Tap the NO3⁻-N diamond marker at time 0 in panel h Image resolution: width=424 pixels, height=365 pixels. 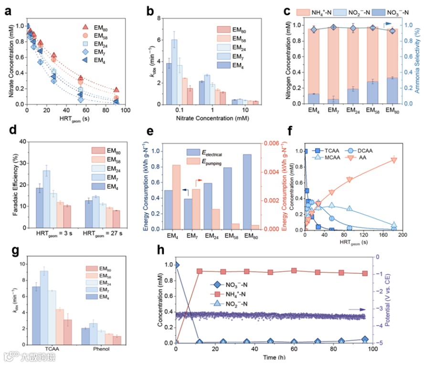tap(177, 265)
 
